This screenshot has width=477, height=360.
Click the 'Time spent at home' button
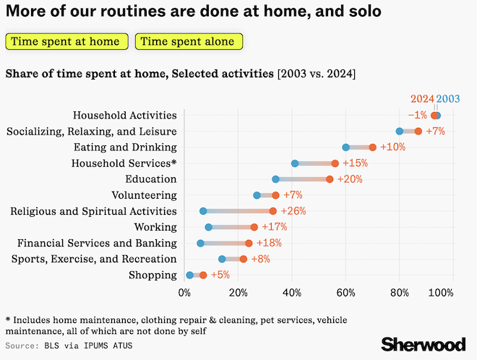tap(66, 41)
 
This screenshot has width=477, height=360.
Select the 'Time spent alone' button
tap(189, 41)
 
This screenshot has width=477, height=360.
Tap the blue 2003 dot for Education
tap(275, 179)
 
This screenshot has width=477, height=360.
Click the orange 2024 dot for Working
tap(254, 227)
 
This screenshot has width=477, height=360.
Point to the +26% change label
tap(293, 211)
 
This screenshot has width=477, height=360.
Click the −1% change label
tap(418, 115)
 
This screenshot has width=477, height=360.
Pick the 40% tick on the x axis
tap(292, 293)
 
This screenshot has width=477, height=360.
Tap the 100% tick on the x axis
tap(440, 293)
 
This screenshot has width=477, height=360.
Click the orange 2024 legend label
tap(422, 99)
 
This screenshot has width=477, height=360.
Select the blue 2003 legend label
tap(448, 99)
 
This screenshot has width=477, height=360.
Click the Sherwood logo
tap(424, 345)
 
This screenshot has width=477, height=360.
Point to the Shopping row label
tap(152, 275)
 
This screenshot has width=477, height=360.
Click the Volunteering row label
tap(145, 195)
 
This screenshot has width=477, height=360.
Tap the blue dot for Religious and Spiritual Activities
tap(203, 211)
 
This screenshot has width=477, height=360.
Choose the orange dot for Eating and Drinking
tap(372, 147)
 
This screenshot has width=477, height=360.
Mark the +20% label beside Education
tap(350, 179)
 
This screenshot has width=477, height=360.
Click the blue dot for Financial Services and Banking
tap(200, 243)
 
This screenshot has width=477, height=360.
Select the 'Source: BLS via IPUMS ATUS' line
tap(69, 346)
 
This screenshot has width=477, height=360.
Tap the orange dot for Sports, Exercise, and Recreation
tap(244, 259)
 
